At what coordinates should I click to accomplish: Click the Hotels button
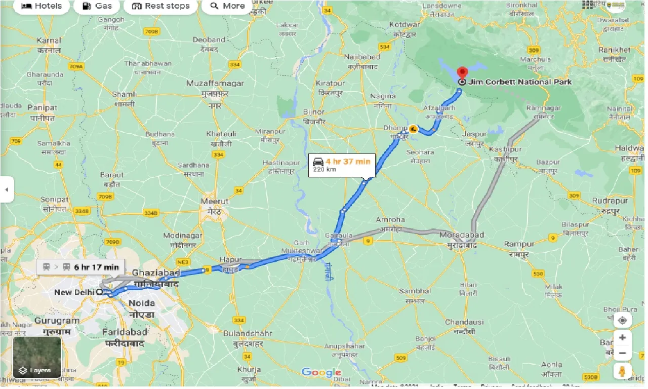(42, 6)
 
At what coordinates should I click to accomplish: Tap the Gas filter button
(96, 6)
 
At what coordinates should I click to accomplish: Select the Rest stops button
(160, 6)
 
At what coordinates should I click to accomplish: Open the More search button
(227, 6)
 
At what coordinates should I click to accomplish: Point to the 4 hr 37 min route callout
(342, 165)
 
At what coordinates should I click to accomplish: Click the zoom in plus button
(622, 338)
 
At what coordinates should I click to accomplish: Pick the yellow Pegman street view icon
(622, 371)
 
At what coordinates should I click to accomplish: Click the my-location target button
(622, 320)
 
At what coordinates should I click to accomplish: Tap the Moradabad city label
(462, 235)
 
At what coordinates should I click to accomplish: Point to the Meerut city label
(215, 201)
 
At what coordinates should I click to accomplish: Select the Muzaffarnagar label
(215, 83)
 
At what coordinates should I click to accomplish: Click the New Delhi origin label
(74, 293)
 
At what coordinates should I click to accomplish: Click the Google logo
(321, 373)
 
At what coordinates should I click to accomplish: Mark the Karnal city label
(49, 41)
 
